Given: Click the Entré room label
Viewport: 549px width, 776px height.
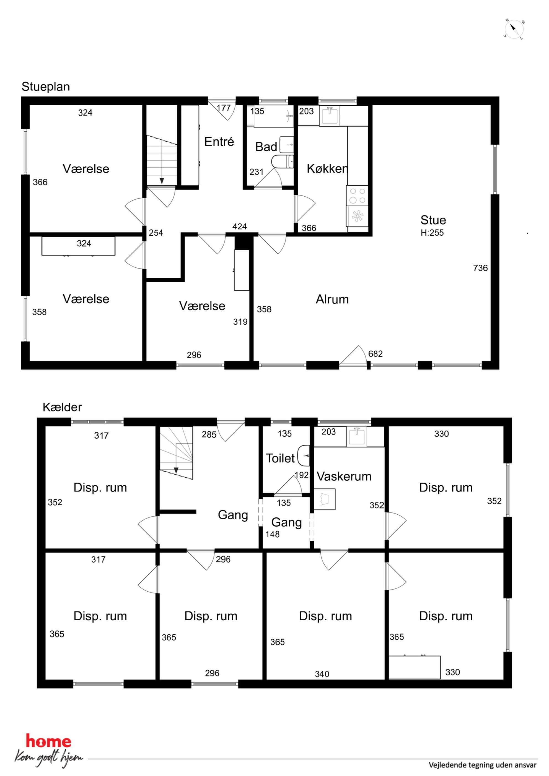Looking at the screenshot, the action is [x=219, y=142].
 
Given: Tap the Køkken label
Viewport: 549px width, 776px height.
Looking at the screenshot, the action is [x=327, y=168].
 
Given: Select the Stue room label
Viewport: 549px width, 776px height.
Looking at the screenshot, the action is [x=433, y=220].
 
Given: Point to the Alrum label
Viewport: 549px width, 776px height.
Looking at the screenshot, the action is [x=332, y=299].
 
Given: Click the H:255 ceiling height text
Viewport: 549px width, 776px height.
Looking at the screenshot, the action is [x=432, y=233].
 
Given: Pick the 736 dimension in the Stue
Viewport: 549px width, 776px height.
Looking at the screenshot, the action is [x=480, y=268].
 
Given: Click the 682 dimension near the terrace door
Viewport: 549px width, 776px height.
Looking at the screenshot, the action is [x=376, y=354].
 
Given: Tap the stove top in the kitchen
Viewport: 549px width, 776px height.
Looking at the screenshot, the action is [x=357, y=195].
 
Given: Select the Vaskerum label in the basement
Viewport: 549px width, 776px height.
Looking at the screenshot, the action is [x=344, y=476].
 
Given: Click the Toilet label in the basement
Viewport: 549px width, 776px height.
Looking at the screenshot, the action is [x=280, y=458].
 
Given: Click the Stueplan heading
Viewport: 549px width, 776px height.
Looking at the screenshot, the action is [x=46, y=87].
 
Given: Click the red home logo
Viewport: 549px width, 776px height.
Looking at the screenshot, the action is [x=49, y=741].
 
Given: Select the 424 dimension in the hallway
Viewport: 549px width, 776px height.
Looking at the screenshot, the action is [x=239, y=226].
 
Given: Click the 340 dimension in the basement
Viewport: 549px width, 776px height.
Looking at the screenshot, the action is [x=322, y=674].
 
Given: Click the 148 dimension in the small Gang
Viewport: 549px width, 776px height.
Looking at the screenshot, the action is [x=272, y=534].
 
